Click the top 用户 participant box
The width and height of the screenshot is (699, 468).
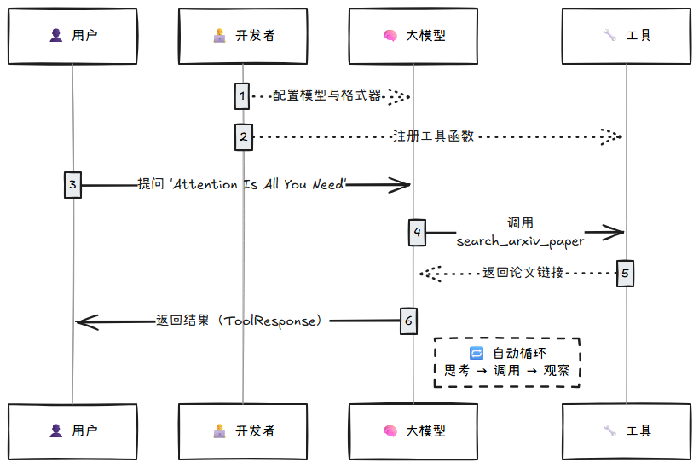72,36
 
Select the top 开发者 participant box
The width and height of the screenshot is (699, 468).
243,36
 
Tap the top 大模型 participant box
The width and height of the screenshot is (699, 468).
413,36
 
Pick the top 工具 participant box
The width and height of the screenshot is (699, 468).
627,36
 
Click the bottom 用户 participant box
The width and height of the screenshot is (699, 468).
72,431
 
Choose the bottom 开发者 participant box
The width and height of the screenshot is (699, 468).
243,431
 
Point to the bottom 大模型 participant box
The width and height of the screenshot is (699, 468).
413,431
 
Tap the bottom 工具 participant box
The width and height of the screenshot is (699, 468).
627,431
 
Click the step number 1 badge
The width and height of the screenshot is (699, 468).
243,95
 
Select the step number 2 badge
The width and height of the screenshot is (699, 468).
243,136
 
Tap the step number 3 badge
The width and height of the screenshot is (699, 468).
72,183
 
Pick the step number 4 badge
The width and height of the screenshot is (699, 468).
417,232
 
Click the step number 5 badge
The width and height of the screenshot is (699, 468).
626,273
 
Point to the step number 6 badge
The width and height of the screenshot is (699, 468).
408,321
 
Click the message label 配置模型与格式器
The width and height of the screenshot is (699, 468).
327,95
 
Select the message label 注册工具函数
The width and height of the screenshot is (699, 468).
432,136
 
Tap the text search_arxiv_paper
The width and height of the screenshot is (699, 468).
520,241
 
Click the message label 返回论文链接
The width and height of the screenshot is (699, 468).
523,273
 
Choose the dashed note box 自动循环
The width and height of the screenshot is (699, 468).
507,362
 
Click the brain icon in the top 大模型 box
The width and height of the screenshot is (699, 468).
390,36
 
